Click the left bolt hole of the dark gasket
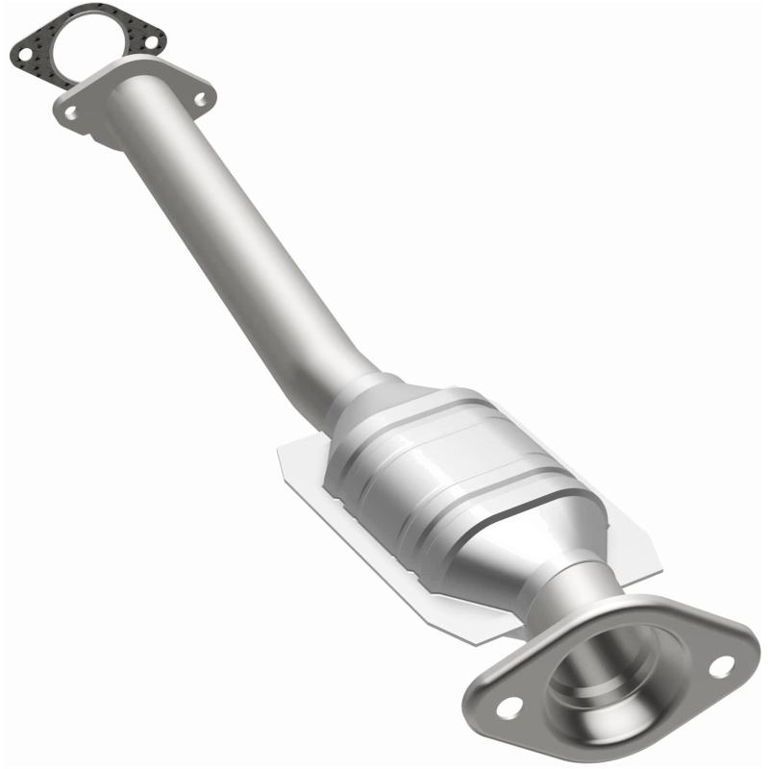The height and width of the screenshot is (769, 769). pos(23,54)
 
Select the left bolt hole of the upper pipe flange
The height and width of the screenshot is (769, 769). pos(71,113)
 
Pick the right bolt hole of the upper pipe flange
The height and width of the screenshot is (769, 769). pos(200,97)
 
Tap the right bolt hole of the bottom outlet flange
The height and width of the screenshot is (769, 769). pos(719,665)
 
